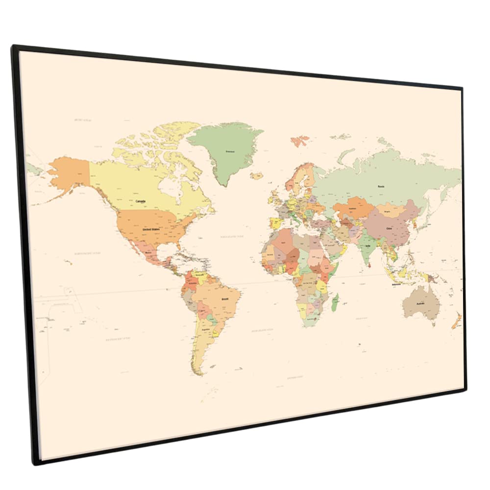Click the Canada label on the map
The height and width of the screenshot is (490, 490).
141,201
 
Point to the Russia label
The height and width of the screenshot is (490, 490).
381,186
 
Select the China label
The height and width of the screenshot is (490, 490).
390,228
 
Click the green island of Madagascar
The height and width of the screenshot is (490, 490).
335,302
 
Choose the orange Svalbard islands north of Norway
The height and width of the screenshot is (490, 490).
300,141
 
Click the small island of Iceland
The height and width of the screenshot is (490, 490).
257,175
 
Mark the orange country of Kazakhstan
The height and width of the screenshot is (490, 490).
351,207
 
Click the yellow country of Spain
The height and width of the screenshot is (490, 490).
275,223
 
